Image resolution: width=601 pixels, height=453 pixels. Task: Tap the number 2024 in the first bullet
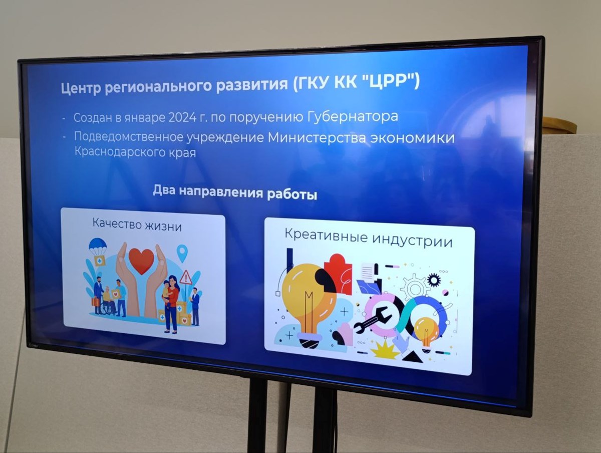182,117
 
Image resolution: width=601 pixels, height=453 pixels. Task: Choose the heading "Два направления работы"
235,192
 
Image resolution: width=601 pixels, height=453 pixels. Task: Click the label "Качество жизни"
137,225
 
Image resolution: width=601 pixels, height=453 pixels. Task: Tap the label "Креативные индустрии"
369,238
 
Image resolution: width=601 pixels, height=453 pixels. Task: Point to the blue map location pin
182,254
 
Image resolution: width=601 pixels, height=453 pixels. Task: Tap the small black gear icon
434,280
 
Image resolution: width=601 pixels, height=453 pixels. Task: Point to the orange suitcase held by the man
96,303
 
